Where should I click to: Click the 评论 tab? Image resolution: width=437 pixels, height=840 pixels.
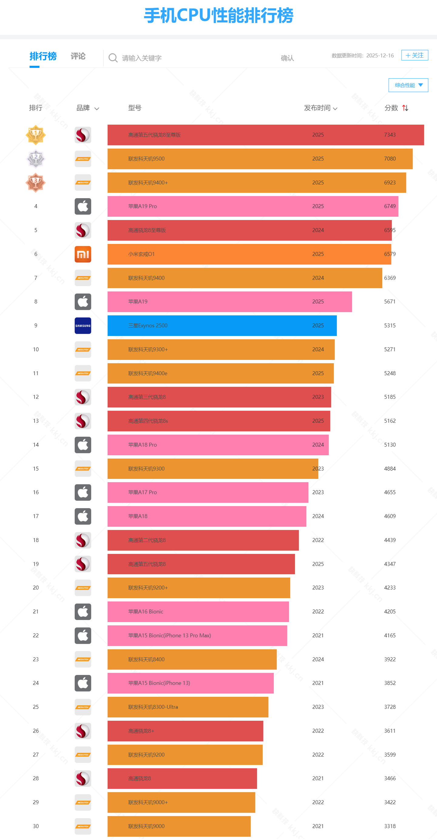point(78,56)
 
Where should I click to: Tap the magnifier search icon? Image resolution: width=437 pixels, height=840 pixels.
point(113,58)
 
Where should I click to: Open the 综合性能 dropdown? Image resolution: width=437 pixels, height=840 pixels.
point(408,85)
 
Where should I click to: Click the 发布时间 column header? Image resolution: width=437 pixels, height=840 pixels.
point(320,108)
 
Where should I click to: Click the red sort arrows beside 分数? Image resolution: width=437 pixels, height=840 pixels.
point(405,108)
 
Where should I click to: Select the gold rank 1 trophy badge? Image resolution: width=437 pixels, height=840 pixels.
point(36,135)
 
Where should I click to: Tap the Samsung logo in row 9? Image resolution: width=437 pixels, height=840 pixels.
point(83,325)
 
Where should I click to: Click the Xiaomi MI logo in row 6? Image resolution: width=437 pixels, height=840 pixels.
point(83,254)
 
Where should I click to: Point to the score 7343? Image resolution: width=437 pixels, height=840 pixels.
point(390,135)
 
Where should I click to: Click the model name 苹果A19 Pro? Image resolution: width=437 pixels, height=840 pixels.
point(143,206)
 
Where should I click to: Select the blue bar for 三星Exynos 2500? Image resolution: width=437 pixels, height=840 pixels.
point(222,325)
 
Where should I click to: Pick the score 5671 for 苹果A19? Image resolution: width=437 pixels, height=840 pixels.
point(390,302)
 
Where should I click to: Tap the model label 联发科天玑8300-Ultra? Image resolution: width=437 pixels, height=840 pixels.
point(153,707)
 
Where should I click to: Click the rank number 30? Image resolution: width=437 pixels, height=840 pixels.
point(36,826)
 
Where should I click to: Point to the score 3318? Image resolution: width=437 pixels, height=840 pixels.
point(390,826)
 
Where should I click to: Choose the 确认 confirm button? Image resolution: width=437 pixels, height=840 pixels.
point(287,58)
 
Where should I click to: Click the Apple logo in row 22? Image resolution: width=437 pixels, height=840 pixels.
point(83,635)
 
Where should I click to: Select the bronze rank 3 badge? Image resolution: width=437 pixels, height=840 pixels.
point(36,183)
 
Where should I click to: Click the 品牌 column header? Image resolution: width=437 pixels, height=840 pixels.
point(87,108)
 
